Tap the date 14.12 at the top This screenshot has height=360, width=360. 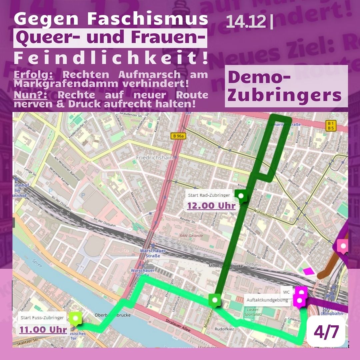pyautogui.click(x=246, y=22)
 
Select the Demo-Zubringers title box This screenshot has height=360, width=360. pyautogui.click(x=286, y=86)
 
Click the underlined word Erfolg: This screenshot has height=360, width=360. pyautogui.click(x=33, y=74)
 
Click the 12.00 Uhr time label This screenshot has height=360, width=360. pyautogui.click(x=211, y=206)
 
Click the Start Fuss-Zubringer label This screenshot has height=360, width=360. pyautogui.click(x=42, y=318)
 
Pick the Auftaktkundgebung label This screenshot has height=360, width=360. pyautogui.click(x=267, y=300)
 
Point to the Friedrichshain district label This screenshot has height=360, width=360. pyautogui.click(x=154, y=157)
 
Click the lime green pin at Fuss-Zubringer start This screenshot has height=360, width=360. pyautogui.click(x=76, y=318)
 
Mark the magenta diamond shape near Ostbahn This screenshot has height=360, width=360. pyautogui.click(x=308, y=271)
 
